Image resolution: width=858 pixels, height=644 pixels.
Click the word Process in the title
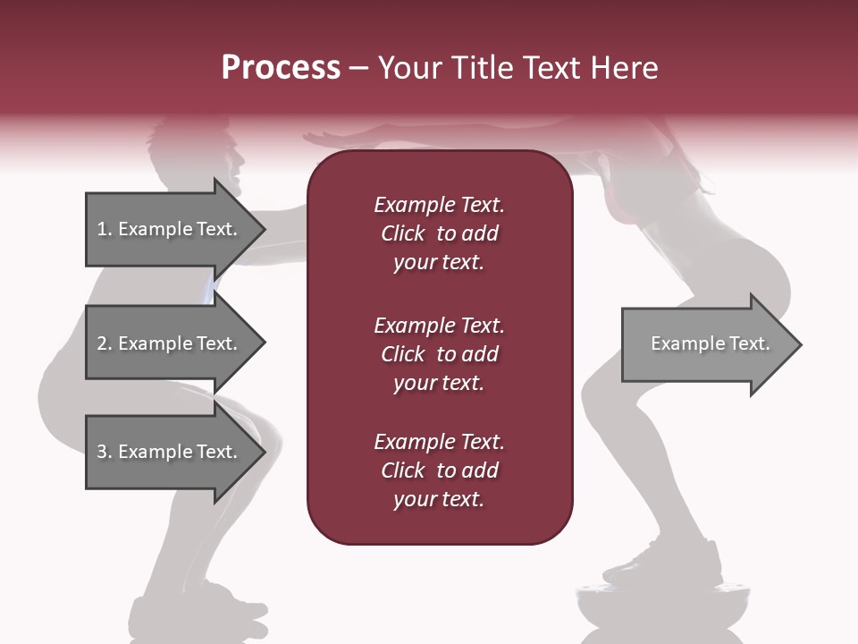(x=280, y=67)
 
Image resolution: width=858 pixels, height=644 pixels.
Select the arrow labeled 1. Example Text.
(x=170, y=229)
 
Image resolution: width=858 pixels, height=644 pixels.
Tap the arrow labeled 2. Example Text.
(x=170, y=343)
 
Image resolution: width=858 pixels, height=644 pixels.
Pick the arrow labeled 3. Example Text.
(x=170, y=452)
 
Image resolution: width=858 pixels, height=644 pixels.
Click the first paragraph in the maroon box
(x=439, y=233)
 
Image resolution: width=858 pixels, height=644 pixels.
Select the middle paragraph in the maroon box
(x=439, y=353)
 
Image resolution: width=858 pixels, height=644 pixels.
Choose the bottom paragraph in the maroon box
(x=439, y=470)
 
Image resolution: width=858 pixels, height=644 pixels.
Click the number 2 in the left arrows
(x=102, y=343)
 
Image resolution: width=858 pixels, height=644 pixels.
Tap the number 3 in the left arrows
(x=102, y=452)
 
